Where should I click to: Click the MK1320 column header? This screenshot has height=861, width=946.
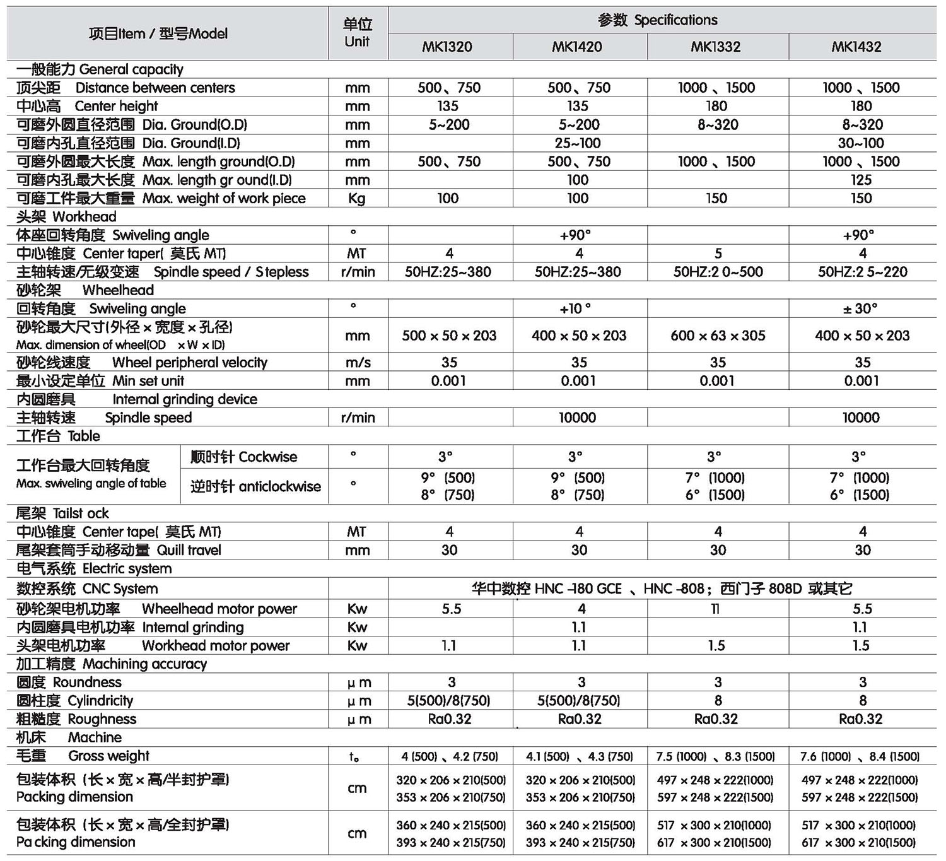[447, 47]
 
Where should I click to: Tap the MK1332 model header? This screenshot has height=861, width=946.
[716, 47]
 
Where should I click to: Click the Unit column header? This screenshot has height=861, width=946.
[357, 33]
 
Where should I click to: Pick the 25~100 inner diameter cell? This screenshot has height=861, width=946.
[578, 143]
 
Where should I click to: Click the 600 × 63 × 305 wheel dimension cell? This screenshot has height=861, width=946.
[718, 336]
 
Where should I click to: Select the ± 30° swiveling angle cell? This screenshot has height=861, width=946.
[861, 308]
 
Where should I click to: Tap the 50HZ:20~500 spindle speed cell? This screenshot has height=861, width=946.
[718, 272]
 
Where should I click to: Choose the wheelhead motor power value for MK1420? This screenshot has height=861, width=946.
[581, 609]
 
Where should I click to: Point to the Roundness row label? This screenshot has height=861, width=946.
[69, 682]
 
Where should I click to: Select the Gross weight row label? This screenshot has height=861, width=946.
[83, 756]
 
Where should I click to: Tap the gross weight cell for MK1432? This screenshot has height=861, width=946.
[860, 756]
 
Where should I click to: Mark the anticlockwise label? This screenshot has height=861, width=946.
[255, 486]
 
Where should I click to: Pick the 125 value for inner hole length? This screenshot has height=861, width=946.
[861, 180]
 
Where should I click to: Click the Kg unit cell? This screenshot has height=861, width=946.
[357, 198]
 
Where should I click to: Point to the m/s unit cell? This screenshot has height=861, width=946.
[357, 363]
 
